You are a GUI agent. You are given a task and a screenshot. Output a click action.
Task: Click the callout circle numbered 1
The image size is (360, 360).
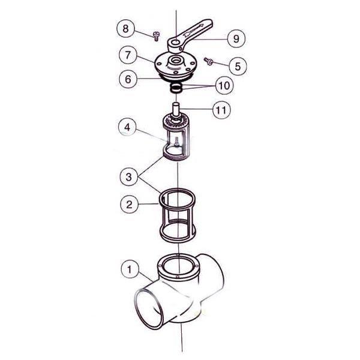(x=128, y=270)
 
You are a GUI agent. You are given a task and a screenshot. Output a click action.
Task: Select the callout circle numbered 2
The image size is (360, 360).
(x=128, y=204)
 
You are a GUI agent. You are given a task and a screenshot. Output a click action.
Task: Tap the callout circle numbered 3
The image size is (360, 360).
(x=128, y=178)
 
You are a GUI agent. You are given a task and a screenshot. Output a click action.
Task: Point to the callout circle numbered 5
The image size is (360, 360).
(x=237, y=65)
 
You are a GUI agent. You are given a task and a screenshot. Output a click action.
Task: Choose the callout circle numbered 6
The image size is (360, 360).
(x=128, y=79)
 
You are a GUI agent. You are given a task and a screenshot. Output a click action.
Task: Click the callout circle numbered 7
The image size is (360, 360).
(x=128, y=55)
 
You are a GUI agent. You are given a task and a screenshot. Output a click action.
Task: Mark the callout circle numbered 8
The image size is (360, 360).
(x=125, y=28)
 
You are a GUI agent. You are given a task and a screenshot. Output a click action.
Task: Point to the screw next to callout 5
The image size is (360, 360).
(x=210, y=61)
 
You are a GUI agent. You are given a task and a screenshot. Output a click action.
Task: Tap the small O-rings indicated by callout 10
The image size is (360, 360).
(x=176, y=88)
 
